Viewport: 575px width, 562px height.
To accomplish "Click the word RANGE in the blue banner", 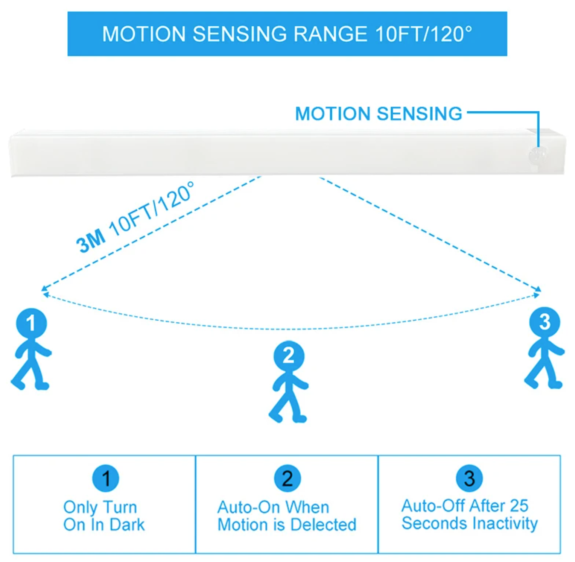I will [x=330, y=34].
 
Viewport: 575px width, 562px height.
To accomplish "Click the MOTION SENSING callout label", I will [x=378, y=114].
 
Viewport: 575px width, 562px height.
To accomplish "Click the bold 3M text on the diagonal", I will [x=91, y=241].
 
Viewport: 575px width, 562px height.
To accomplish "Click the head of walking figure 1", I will [x=32, y=323].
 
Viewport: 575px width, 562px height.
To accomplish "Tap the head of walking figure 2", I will [x=289, y=356].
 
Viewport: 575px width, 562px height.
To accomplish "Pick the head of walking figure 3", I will [x=545, y=322].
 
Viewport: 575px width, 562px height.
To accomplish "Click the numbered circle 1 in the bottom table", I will [x=106, y=478].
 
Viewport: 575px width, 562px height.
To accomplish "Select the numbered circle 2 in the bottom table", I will [x=287, y=478].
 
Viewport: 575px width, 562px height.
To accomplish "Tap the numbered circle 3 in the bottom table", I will [x=469, y=478].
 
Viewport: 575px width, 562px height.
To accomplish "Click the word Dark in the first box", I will [x=127, y=525].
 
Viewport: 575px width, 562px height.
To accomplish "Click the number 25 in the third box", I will [x=519, y=506].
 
